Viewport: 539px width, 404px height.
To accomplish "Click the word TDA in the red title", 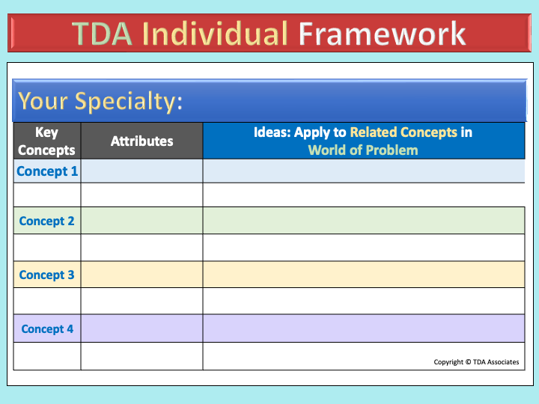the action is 102,34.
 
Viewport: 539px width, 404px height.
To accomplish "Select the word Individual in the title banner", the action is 215,33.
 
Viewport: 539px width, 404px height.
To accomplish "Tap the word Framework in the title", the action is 382,33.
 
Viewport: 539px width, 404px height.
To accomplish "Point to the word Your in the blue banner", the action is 43,101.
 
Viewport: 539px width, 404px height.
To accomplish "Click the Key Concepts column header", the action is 46,141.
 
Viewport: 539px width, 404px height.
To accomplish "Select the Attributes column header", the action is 142,141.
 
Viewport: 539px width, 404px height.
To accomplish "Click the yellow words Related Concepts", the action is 404,132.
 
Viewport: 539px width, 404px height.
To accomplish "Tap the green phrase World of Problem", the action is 363,150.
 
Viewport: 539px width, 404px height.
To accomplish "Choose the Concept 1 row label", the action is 47,171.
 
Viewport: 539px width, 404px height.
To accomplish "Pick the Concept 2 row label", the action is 46,221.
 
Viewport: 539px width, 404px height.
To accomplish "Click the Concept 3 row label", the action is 46,275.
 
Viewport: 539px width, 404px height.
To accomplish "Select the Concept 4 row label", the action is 47,328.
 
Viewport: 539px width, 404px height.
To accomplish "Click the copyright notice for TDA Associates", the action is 476,362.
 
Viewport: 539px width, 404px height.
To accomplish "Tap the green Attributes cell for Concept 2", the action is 142,221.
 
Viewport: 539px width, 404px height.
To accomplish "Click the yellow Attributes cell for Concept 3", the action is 142,275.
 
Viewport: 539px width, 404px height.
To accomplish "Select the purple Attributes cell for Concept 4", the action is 142,328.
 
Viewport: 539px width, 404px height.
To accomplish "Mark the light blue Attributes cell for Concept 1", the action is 142,171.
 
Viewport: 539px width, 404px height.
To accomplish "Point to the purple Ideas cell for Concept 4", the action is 364,328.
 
